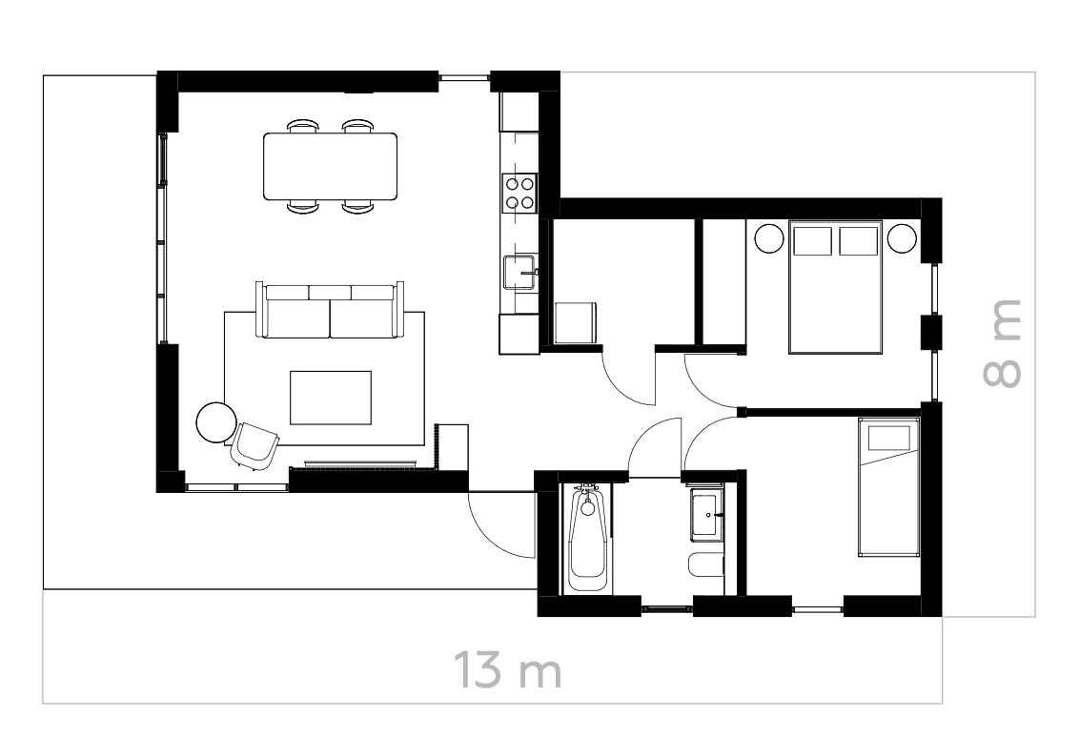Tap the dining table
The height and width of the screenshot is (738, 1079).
point(330,166)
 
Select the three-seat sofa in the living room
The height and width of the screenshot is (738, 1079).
point(330,311)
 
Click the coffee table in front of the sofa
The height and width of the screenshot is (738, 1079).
point(330,398)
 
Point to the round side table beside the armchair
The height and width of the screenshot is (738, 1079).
point(216,421)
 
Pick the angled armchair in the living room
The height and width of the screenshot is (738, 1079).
point(254,445)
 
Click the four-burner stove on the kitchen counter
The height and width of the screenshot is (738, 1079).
point(519,193)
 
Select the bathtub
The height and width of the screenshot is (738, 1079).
point(587,539)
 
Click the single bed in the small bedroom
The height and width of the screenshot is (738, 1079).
point(887,486)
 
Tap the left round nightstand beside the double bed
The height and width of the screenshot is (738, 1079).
point(768,237)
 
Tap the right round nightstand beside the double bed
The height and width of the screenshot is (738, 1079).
point(902,237)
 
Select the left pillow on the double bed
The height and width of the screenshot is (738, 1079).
point(813,240)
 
